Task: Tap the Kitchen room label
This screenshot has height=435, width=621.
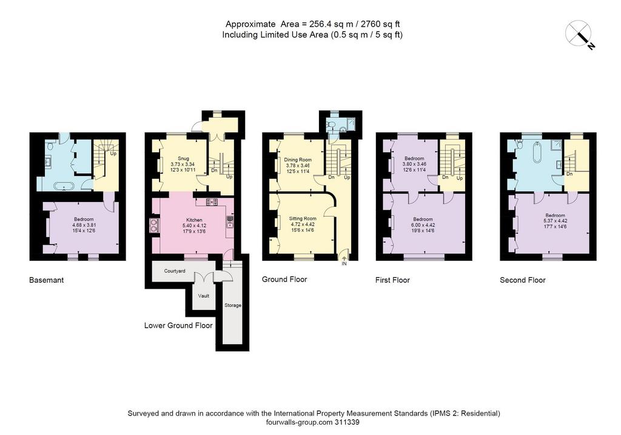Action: pyautogui.click(x=194, y=220)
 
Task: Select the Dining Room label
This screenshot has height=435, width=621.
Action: pyautogui.click(x=298, y=160)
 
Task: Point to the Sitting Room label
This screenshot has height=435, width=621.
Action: pyautogui.click(x=303, y=218)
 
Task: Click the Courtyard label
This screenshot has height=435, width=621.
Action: pyautogui.click(x=175, y=271)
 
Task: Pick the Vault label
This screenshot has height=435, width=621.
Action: pyautogui.click(x=204, y=295)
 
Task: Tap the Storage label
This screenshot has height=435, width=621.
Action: pyautogui.click(x=232, y=305)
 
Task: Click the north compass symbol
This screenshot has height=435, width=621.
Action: pyautogui.click(x=580, y=35)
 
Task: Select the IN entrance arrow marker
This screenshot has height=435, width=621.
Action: pyautogui.click(x=344, y=261)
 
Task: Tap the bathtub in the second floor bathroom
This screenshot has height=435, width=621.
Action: pyautogui.click(x=537, y=152)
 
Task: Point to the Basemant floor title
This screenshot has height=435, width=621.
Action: pyautogui.click(x=46, y=280)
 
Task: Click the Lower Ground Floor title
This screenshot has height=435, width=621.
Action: pyautogui.click(x=178, y=326)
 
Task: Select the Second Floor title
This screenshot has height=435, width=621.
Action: pyautogui.click(x=522, y=280)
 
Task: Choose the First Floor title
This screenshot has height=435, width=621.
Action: pyautogui.click(x=392, y=280)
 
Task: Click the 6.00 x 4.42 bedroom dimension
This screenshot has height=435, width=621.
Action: pyautogui.click(x=423, y=224)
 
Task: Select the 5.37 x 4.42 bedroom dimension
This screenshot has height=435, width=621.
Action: pyautogui.click(x=556, y=221)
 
